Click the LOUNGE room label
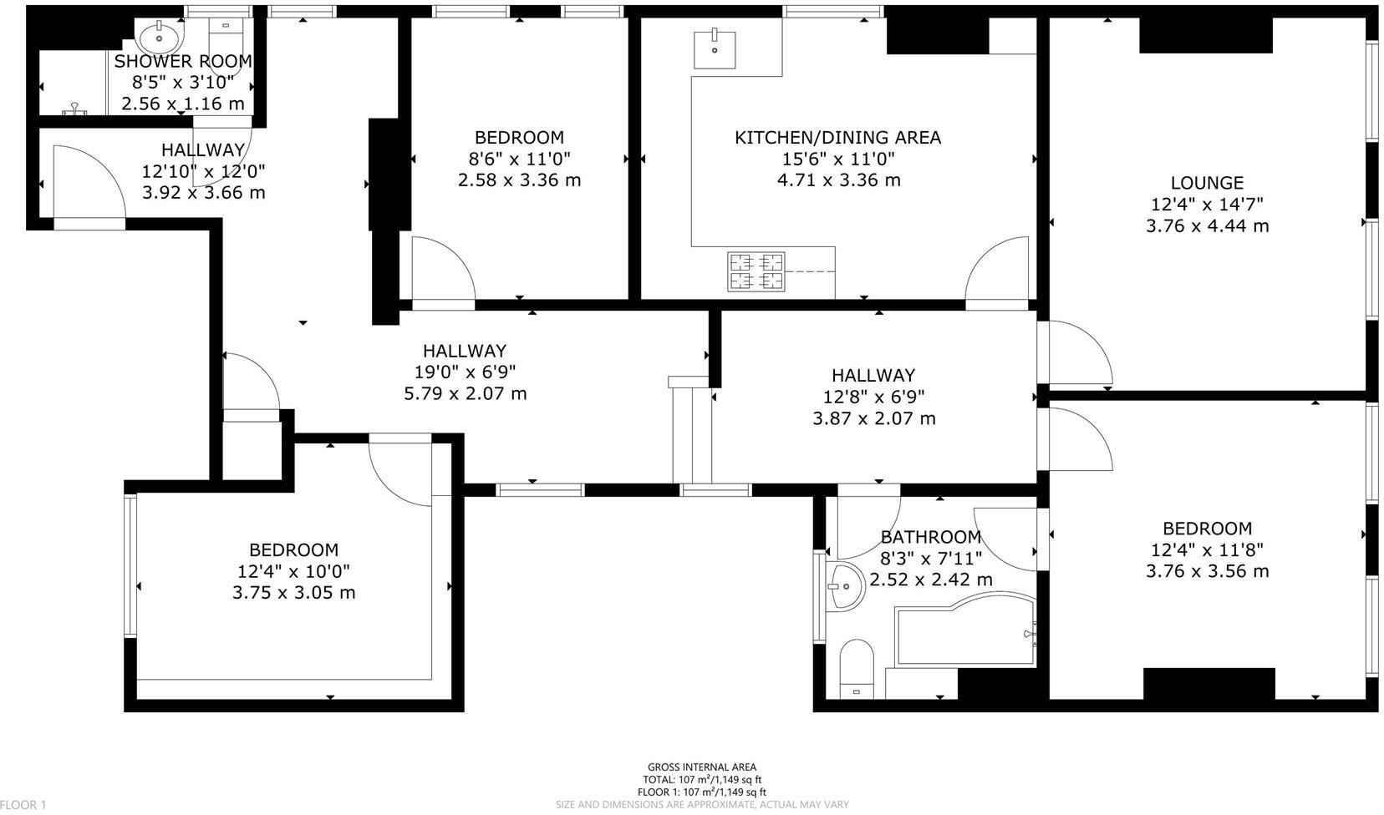pos(1207,183)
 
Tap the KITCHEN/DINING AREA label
pos(837,137)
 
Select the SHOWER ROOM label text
pos(183,61)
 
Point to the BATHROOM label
pos(930,537)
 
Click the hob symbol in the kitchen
pos(757,271)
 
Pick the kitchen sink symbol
pos(715,48)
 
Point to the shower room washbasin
pos(155,36)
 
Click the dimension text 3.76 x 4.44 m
pos(1207,225)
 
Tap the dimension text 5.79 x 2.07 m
pos(465,393)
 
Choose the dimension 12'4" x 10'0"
pos(293,571)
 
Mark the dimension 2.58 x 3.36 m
pos(519,180)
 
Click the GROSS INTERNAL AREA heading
pos(701,767)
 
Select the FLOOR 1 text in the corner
pos(23,805)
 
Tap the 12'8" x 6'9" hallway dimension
pos(873,397)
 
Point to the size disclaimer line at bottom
pos(702,805)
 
